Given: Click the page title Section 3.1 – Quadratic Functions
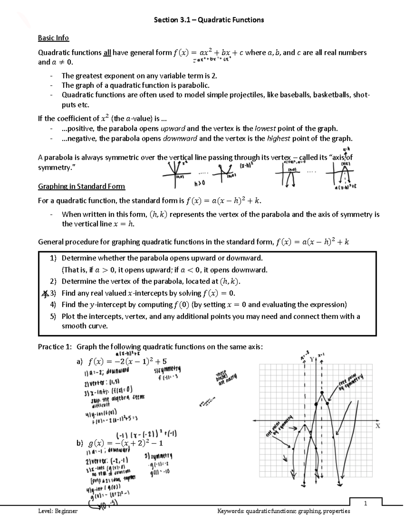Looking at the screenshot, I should click(x=209, y=20).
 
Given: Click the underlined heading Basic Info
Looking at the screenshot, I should click(x=53, y=38).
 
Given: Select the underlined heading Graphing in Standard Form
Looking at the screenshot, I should click(x=81, y=186).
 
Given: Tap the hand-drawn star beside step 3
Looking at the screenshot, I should click(x=44, y=293).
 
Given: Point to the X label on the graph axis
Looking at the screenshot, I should click(x=377, y=426).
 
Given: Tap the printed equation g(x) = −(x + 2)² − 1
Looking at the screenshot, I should click(x=125, y=443).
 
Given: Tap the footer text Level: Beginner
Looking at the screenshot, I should click(x=58, y=511).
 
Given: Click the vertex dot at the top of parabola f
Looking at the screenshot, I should click(x=322, y=393).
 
